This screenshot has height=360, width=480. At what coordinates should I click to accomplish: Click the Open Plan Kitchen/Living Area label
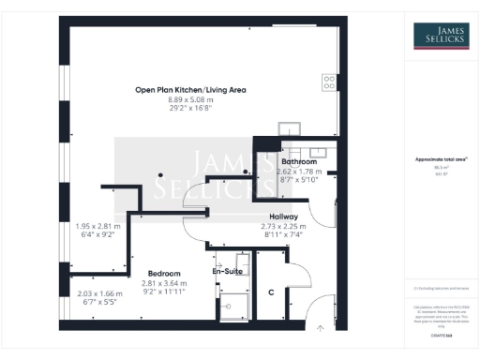(190, 90)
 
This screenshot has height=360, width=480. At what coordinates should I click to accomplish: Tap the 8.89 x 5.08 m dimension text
(190, 100)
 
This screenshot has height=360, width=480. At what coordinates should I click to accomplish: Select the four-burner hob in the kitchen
(329, 82)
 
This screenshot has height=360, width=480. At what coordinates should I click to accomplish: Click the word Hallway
(284, 217)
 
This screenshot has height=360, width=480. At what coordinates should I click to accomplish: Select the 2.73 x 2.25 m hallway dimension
(284, 226)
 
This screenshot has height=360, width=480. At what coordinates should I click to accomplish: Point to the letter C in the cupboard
(271, 293)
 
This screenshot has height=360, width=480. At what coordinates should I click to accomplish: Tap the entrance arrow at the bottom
(320, 328)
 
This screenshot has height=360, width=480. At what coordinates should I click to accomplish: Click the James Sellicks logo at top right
(442, 37)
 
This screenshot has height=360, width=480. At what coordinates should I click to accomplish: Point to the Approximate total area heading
(441, 159)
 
